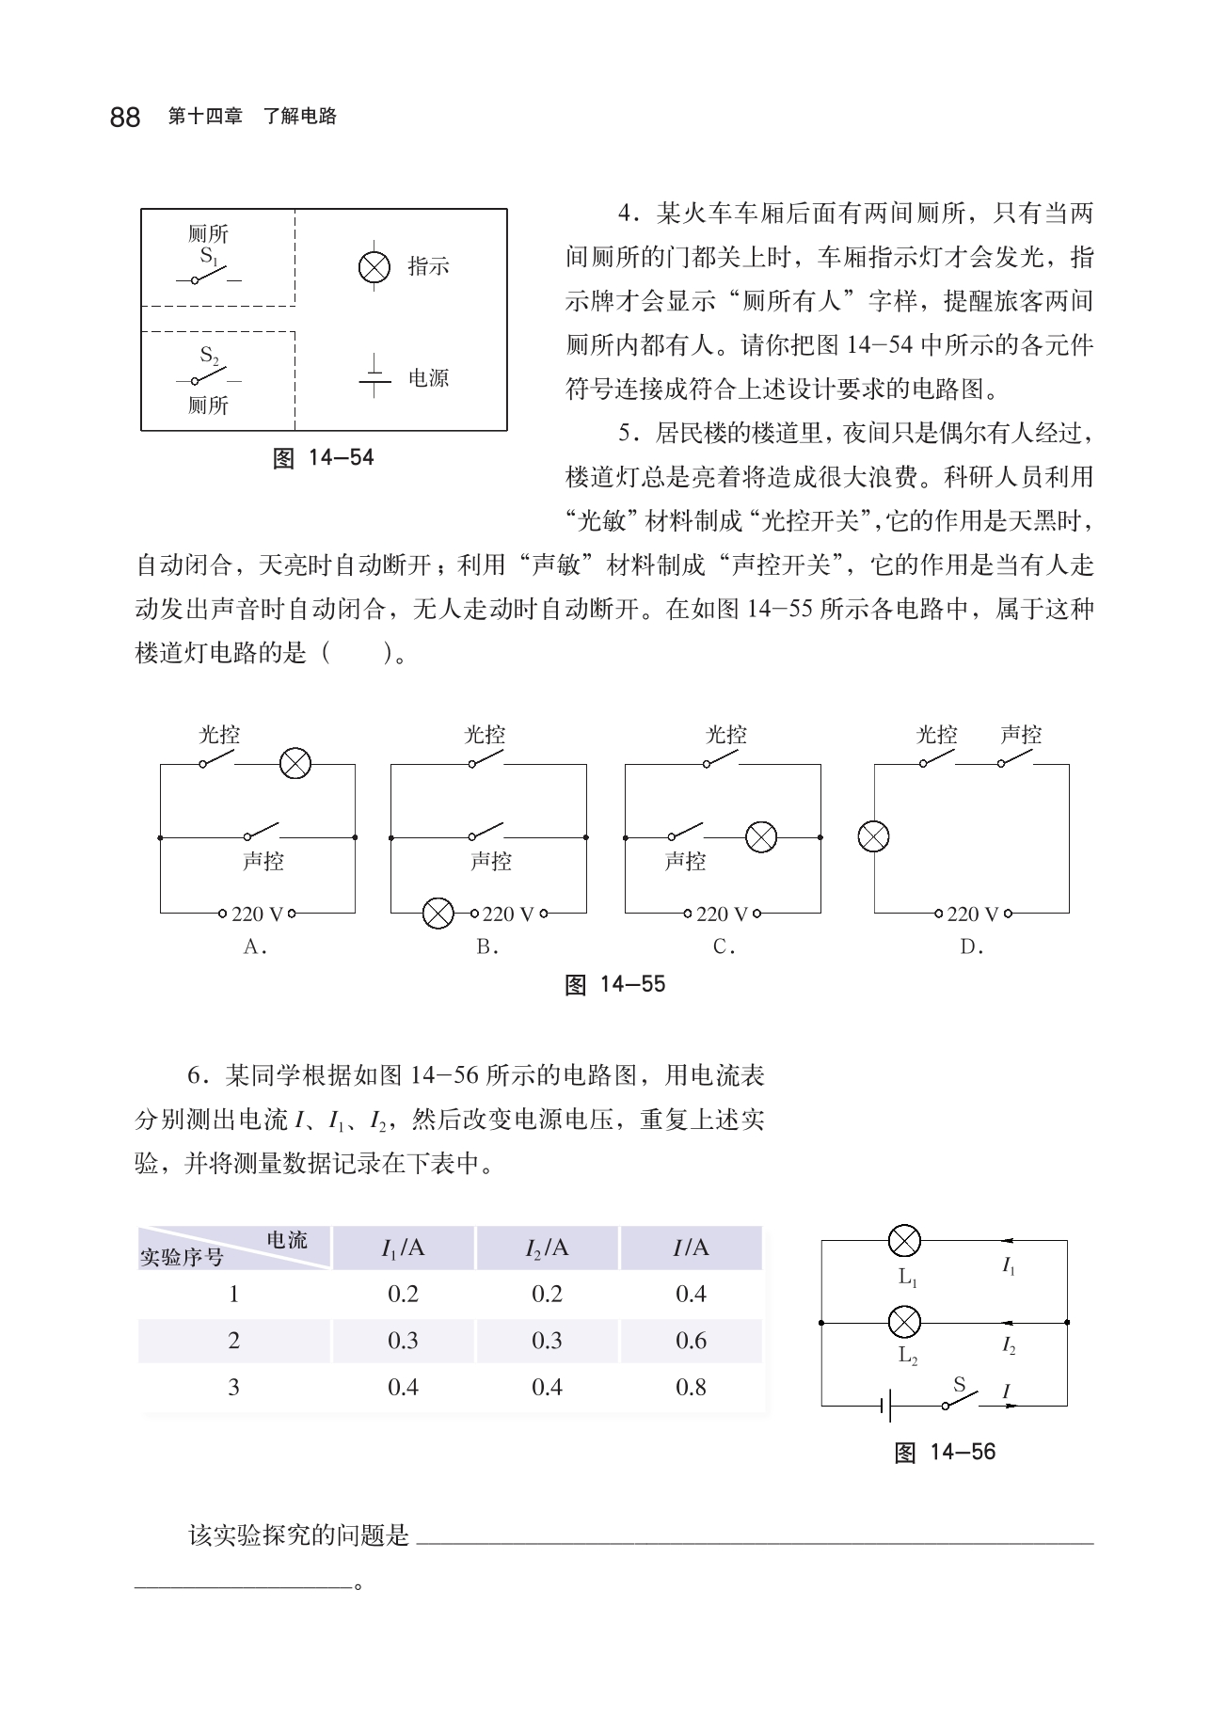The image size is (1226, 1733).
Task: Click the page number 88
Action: [125, 118]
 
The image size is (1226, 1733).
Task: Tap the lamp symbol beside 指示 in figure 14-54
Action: [374, 267]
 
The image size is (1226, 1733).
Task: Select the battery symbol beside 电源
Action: [375, 377]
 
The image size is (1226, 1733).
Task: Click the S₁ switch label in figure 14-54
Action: [209, 257]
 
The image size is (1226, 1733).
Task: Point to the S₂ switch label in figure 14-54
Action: [209, 357]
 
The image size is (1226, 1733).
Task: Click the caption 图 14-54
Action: [323, 458]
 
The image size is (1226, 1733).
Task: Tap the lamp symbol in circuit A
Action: [295, 764]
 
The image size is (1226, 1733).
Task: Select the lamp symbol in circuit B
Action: [438, 913]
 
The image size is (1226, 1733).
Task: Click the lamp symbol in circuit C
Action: [760, 836]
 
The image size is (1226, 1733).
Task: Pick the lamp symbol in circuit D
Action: [874, 836]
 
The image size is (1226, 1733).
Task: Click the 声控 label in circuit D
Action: [1021, 734]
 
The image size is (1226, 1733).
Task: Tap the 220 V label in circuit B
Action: [508, 914]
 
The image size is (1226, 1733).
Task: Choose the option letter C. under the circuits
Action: [724, 947]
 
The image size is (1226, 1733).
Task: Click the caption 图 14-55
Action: [614, 985]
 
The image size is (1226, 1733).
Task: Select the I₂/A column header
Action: [547, 1248]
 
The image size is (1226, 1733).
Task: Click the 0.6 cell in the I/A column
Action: [691, 1341]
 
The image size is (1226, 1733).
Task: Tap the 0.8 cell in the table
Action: [691, 1387]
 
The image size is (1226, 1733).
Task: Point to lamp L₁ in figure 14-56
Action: [905, 1241]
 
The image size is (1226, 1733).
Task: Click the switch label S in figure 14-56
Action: [960, 1384]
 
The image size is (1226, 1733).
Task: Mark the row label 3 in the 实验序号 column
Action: [233, 1387]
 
